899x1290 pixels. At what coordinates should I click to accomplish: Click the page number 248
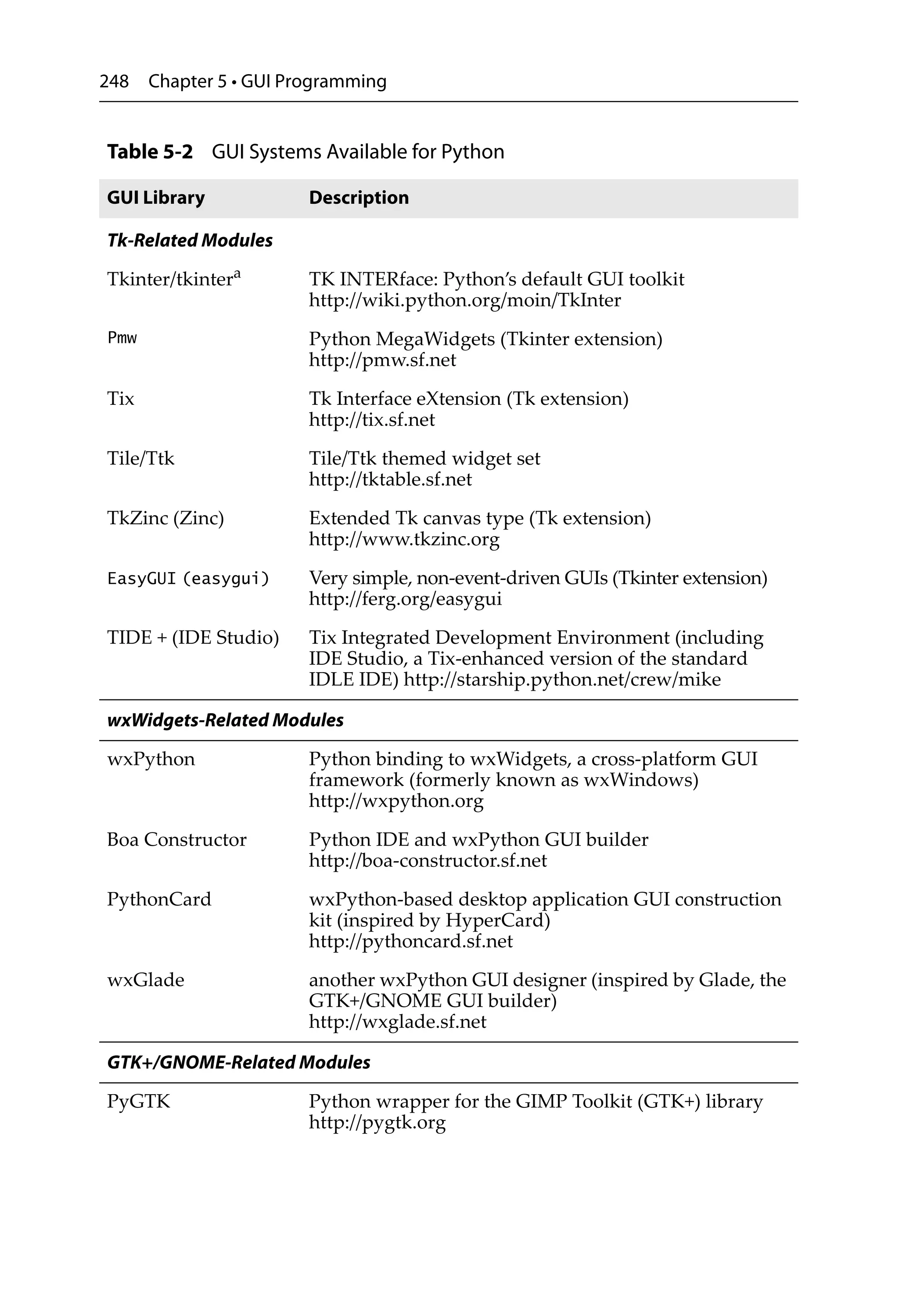114,82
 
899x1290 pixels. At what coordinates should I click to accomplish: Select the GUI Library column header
156,198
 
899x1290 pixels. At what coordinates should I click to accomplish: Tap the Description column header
359,198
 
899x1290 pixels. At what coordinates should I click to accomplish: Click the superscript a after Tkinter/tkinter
237,274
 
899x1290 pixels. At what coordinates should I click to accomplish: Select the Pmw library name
122,338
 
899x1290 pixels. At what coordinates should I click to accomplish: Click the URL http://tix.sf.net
371,420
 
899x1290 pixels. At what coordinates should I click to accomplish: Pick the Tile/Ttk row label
140,458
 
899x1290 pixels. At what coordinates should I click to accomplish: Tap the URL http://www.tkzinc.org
403,539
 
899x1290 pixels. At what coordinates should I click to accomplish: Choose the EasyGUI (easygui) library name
188,578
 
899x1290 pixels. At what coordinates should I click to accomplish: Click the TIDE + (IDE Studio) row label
193,638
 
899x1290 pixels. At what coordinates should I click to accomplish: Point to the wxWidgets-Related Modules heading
225,720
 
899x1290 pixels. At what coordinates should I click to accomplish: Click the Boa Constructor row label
176,840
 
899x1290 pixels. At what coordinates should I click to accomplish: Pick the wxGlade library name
146,980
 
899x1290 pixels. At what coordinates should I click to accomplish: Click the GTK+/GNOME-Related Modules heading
238,1063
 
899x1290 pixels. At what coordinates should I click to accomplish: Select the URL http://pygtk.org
377,1123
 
